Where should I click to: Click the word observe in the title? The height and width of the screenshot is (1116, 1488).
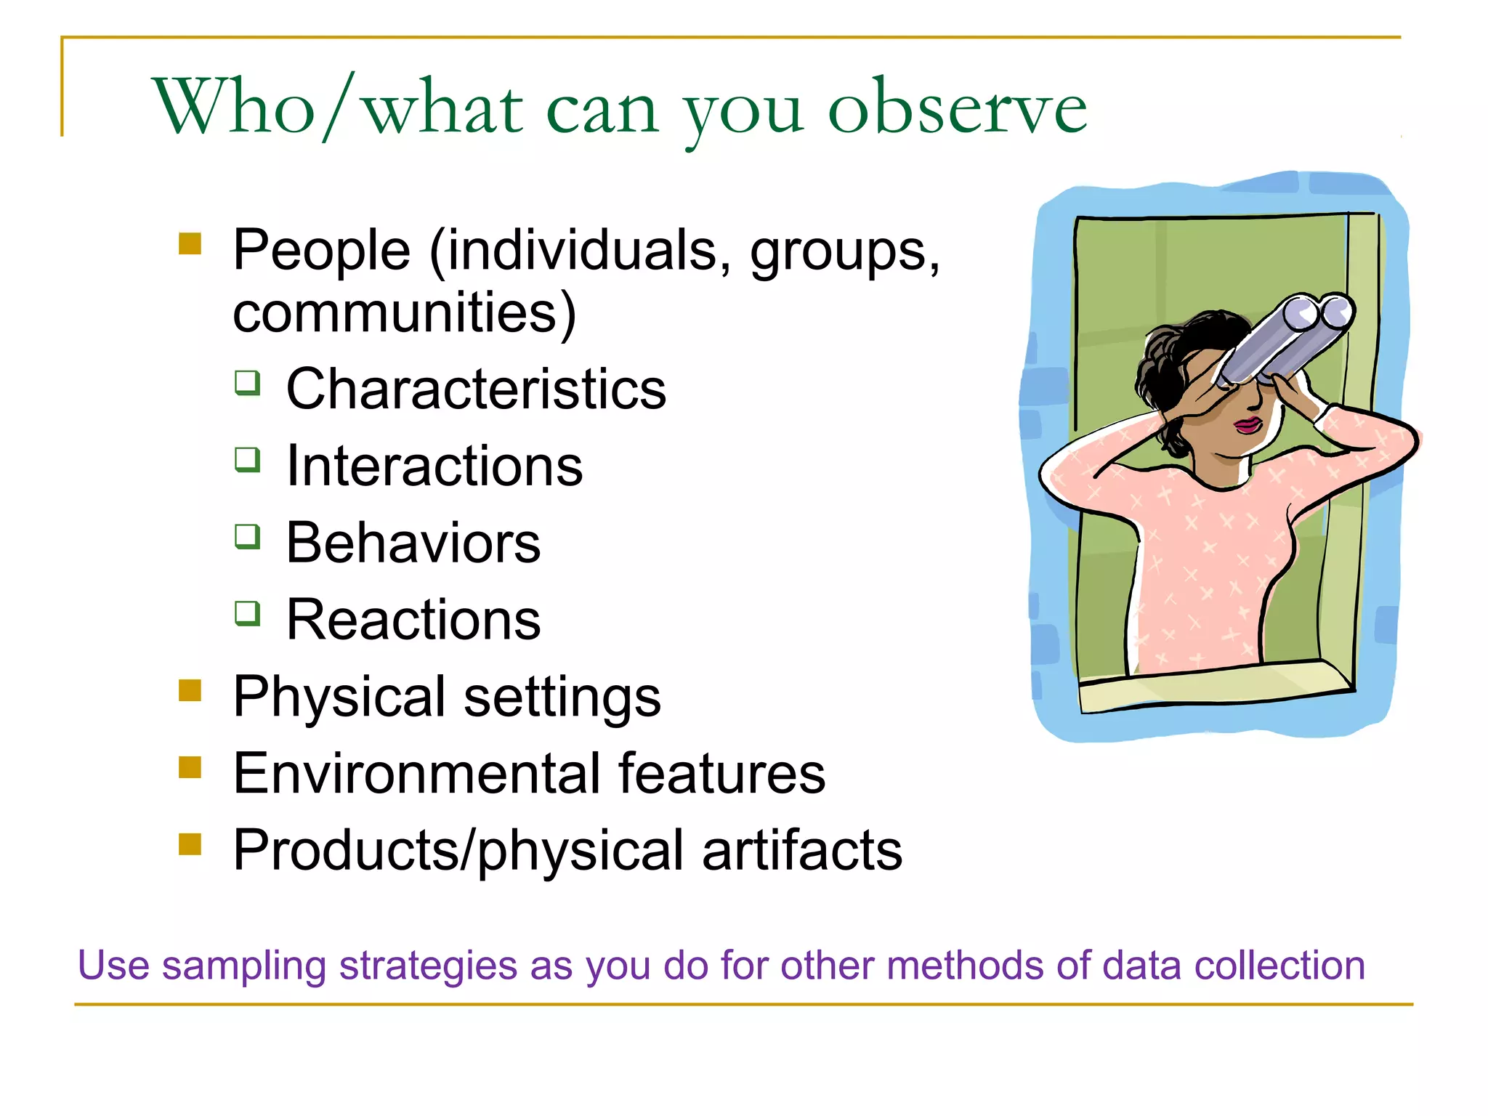pyautogui.click(x=957, y=109)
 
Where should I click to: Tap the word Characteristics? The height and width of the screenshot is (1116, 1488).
pyautogui.click(x=476, y=389)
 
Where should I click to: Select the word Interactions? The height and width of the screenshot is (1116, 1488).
pyautogui.click(x=434, y=466)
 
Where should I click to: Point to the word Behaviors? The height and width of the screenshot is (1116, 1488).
pyautogui.click(x=413, y=543)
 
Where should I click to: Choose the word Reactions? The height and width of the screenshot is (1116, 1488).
pyautogui.click(x=413, y=620)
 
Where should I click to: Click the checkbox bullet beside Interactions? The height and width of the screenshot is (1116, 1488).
pyautogui.click(x=248, y=459)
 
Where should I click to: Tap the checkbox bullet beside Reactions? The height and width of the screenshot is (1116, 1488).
pyautogui.click(x=248, y=613)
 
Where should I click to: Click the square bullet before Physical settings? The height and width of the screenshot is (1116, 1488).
pyautogui.click(x=190, y=690)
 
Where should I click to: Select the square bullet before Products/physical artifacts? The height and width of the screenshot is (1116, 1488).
pyautogui.click(x=190, y=844)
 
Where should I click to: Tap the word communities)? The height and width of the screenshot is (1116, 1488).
pyautogui.click(x=404, y=313)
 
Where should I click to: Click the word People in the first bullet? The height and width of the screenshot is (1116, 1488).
pyautogui.click(x=322, y=251)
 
